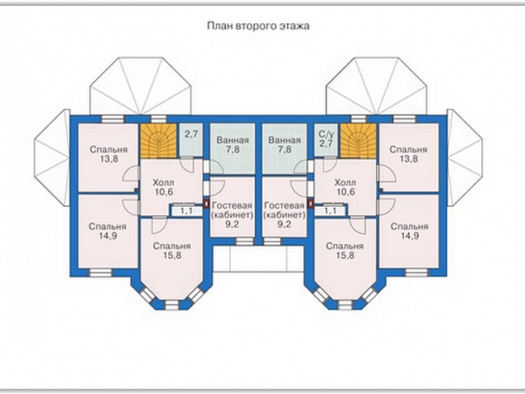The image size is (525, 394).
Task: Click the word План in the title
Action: click(x=220, y=26)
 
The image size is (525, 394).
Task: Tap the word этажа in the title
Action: click(x=294, y=26)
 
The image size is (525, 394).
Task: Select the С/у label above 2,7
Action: click(x=326, y=135)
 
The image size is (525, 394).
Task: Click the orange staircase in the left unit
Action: click(x=158, y=141)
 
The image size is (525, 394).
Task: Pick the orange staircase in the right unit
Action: click(x=359, y=141)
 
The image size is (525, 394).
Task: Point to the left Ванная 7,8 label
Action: click(x=233, y=145)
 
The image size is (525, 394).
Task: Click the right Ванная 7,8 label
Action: click(x=285, y=145)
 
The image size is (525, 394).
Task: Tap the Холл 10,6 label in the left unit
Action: click(x=163, y=187)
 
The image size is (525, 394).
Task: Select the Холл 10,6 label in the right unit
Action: click(x=345, y=187)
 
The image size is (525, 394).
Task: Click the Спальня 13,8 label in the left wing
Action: click(x=108, y=154)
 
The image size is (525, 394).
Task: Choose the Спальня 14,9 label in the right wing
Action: click(x=410, y=231)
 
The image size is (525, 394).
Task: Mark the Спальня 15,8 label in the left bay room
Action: click(x=171, y=251)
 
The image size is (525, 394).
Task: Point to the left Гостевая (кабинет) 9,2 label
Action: click(x=233, y=214)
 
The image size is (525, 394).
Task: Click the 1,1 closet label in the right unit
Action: click(x=330, y=211)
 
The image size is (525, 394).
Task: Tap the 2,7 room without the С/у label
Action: click(x=192, y=135)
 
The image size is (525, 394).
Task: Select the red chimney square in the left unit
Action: click(x=206, y=203)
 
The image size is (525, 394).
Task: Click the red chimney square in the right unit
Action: click(x=311, y=203)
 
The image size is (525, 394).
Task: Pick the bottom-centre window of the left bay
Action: click(x=171, y=305)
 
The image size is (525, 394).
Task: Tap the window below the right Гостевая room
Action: click(x=272, y=242)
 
